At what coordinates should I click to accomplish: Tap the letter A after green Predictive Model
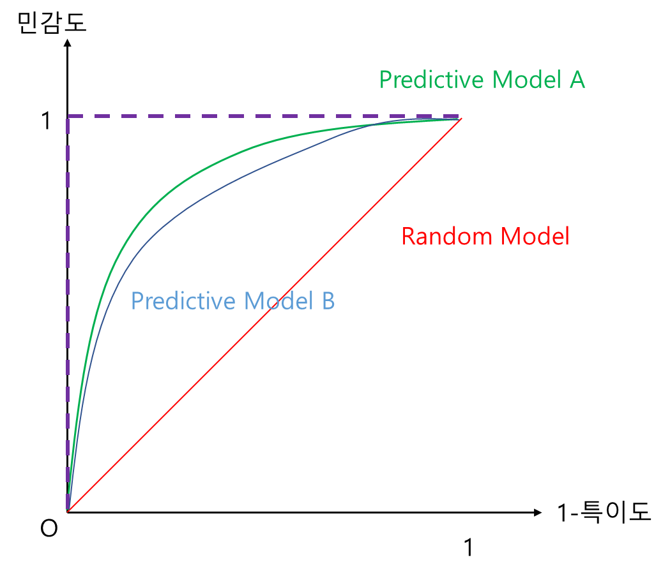coord(577,80)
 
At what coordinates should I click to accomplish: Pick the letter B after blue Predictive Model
coord(327,301)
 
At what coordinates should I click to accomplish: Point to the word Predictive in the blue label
coord(183,301)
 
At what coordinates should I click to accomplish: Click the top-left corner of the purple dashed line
coord(68,116)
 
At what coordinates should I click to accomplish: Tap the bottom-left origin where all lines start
coord(67,510)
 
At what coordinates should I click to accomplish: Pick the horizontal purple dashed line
coord(255,116)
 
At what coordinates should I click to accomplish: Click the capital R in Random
coord(409,237)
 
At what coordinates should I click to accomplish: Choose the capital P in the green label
coord(385,80)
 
